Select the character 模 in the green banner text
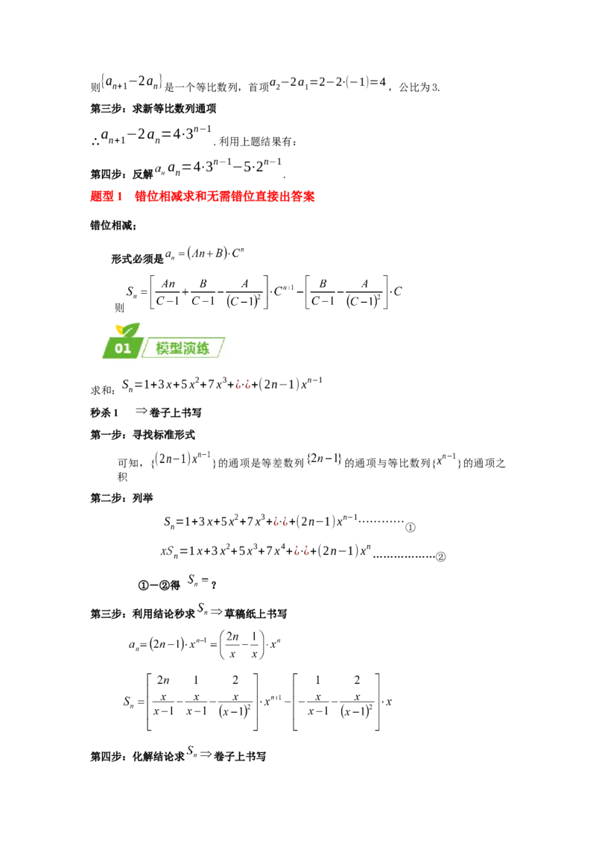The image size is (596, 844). (x=163, y=348)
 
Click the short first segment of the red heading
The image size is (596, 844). (x=104, y=196)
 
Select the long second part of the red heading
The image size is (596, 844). (x=223, y=196)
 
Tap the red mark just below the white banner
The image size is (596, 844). (x=241, y=385)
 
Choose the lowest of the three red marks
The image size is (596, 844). (x=301, y=551)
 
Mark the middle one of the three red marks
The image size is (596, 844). (x=281, y=523)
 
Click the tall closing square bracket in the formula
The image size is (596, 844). (x=258, y=701)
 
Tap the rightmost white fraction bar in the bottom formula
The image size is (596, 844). (x=358, y=689)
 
